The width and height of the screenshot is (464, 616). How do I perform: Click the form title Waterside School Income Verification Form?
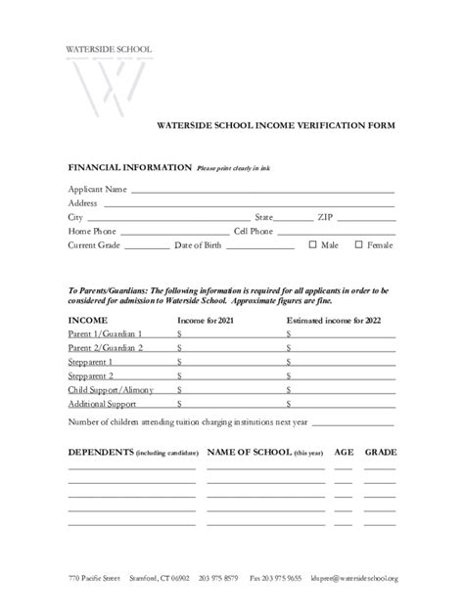click(276, 125)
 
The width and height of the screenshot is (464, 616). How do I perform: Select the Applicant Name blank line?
click(262, 189)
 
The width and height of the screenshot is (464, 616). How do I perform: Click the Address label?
click(82, 202)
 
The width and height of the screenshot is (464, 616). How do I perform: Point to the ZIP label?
click(325, 217)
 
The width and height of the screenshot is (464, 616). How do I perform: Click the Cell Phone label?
click(254, 231)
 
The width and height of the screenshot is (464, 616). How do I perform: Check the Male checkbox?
click(313, 244)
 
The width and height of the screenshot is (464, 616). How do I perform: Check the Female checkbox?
click(358, 244)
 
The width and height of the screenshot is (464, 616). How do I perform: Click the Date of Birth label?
click(198, 245)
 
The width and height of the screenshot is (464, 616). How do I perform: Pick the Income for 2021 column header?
click(206, 320)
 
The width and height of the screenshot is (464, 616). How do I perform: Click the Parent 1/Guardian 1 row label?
click(105, 333)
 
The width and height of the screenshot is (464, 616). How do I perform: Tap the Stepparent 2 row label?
click(90, 374)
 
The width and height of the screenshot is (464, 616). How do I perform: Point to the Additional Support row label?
click(102, 403)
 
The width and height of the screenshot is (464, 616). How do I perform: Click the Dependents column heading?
click(100, 453)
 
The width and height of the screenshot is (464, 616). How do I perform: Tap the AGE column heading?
click(344, 453)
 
